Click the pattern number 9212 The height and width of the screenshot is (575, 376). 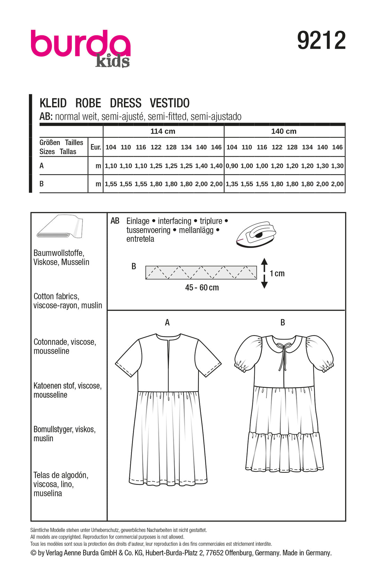click(x=321, y=41)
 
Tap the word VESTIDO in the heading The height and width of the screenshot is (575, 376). click(x=170, y=103)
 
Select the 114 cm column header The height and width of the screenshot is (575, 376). click(x=163, y=131)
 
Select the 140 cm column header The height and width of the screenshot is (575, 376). click(x=284, y=131)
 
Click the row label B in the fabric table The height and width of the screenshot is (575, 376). click(x=41, y=184)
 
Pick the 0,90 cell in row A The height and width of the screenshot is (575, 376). click(x=232, y=166)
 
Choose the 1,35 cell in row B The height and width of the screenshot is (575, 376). click(x=232, y=184)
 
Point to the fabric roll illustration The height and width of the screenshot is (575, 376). click(x=60, y=227)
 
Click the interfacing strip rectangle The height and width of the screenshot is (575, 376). click(x=201, y=272)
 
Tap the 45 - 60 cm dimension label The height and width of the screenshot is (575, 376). click(x=202, y=288)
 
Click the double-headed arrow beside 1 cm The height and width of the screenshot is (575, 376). click(x=264, y=273)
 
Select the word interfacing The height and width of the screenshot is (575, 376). click(x=174, y=221)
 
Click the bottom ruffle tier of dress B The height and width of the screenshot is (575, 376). click(x=284, y=451)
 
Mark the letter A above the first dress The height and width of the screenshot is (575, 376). click(x=167, y=322)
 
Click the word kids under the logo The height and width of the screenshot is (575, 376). click(x=112, y=61)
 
